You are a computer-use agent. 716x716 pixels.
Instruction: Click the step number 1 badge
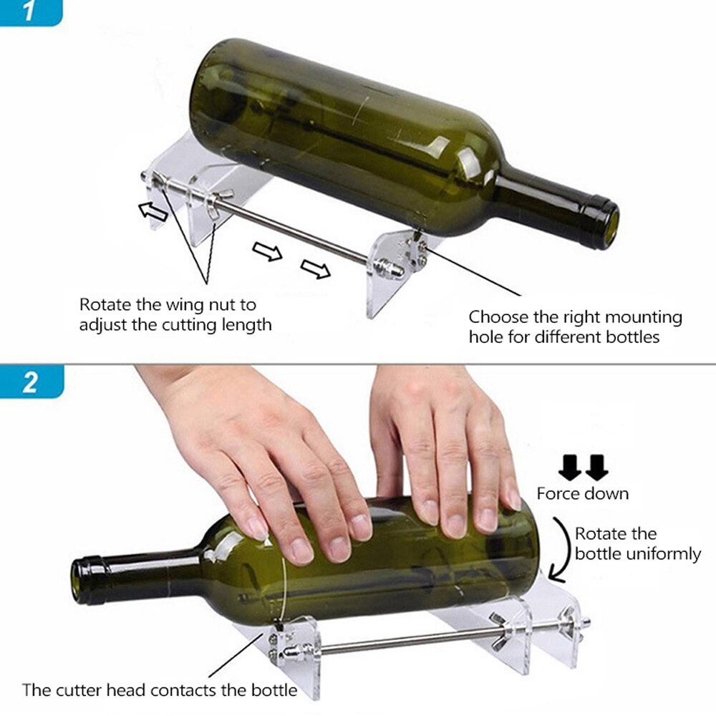(x=29, y=12)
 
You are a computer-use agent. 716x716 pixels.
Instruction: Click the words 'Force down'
(x=583, y=494)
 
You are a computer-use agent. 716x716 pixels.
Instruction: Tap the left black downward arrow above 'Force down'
(x=571, y=468)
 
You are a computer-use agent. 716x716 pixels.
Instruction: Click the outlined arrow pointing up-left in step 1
(x=153, y=211)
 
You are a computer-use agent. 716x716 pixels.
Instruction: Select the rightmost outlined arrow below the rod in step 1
(x=316, y=269)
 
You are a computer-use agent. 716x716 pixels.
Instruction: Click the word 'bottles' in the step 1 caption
(x=632, y=337)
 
